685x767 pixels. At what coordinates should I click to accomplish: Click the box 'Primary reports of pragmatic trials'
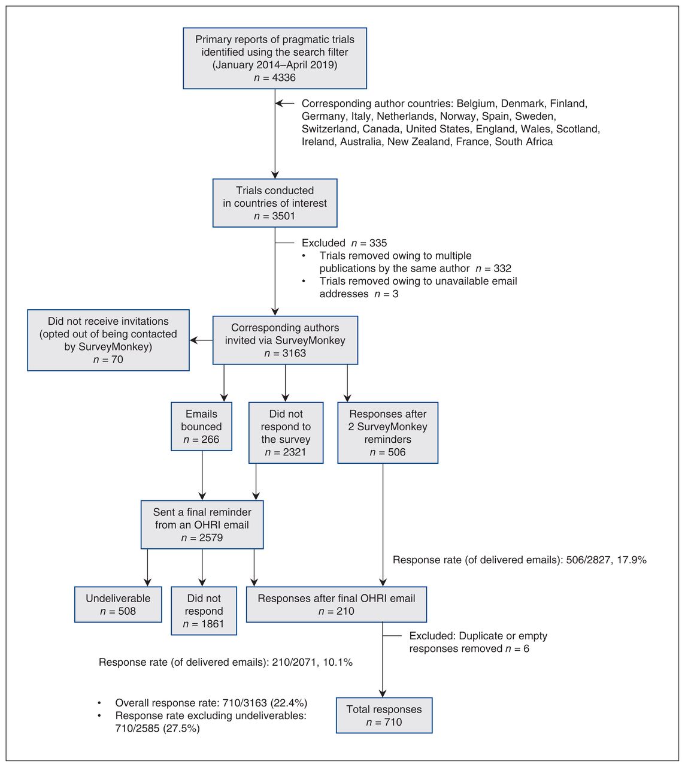click(275, 58)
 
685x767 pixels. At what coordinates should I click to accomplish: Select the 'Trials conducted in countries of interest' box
click(275, 203)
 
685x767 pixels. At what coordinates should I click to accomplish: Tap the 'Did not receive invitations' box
click(108, 340)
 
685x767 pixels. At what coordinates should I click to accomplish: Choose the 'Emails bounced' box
click(201, 426)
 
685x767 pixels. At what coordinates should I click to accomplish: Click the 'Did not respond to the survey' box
click(286, 433)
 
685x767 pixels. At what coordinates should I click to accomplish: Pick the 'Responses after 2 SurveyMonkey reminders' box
click(387, 433)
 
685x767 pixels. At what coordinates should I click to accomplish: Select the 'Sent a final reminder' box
click(202, 525)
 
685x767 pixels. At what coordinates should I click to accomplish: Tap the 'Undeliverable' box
click(118, 605)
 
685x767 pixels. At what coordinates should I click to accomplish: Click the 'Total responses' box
click(384, 715)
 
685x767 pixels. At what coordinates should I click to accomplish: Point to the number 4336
click(284, 78)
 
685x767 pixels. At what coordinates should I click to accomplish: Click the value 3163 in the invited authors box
click(294, 353)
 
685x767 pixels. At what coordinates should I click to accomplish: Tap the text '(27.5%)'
click(181, 729)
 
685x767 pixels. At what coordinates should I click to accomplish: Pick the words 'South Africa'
click(524, 141)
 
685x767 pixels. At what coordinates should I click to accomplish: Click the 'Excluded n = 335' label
click(344, 243)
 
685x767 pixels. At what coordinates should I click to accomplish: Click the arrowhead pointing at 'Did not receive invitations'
click(193, 340)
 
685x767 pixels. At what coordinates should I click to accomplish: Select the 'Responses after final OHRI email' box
click(337, 605)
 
